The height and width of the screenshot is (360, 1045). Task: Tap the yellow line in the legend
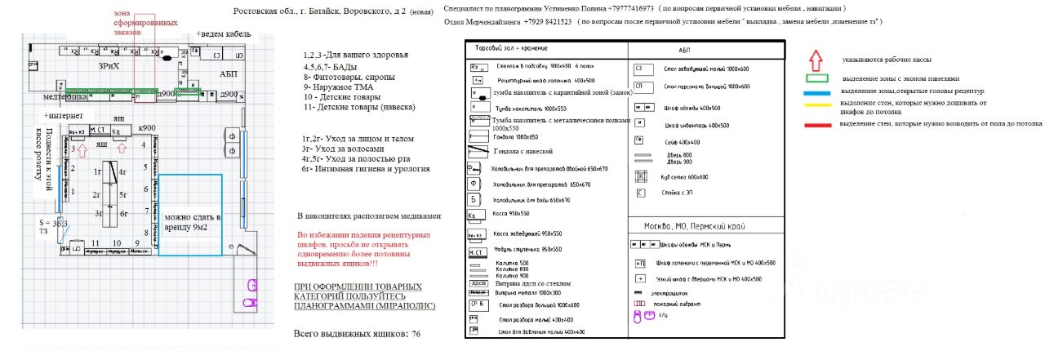point(816,104)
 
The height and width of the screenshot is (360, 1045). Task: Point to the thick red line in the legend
point(816,125)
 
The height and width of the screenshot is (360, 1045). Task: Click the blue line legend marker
point(816,92)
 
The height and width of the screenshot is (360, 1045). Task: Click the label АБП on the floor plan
point(228,73)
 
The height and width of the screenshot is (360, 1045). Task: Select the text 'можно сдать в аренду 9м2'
point(193,223)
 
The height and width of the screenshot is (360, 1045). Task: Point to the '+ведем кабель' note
point(224,34)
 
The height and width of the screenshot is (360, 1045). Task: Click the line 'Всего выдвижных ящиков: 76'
point(358,335)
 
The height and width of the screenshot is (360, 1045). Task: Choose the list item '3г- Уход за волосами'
point(342,149)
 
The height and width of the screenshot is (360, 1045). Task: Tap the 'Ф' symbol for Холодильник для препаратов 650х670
point(473,184)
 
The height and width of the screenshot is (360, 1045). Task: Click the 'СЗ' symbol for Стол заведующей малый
point(641,68)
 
